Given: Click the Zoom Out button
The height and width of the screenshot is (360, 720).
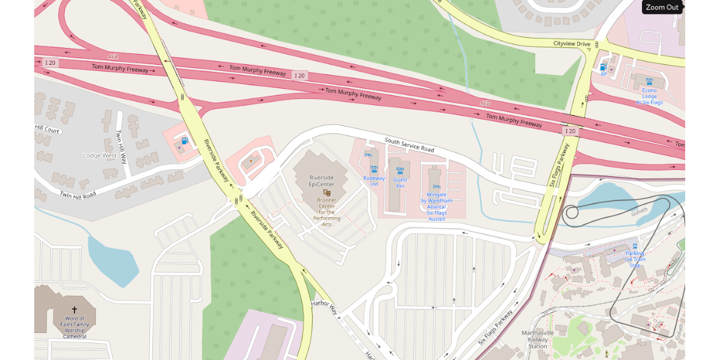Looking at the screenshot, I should (662, 7).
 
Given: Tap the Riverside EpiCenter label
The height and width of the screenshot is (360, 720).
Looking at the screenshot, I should (322, 181).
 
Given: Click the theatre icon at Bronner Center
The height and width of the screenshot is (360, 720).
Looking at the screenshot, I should (327, 193).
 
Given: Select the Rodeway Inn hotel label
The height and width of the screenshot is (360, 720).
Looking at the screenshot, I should (374, 181).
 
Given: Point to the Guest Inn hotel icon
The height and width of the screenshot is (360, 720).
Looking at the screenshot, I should (400, 170).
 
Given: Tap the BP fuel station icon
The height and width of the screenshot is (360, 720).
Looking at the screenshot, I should (603, 67).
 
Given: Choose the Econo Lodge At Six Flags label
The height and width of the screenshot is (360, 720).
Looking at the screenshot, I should (649, 96).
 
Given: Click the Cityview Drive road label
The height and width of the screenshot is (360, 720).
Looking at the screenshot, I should (572, 44).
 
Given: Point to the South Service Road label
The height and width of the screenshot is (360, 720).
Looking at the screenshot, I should (409, 145).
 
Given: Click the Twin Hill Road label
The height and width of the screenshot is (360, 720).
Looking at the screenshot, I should (77, 195).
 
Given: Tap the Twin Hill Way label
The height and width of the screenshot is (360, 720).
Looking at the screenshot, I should (122, 148).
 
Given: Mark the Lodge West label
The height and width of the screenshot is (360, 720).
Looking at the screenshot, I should (100, 155).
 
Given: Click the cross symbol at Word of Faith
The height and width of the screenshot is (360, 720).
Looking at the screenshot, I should (74, 310).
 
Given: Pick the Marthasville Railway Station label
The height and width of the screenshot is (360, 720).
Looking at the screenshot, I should (538, 340).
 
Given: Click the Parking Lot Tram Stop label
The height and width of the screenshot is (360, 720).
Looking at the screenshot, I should (635, 259).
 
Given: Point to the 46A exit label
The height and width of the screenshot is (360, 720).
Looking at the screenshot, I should (113, 56).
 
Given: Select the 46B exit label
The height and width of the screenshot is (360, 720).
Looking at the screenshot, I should (485, 103).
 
